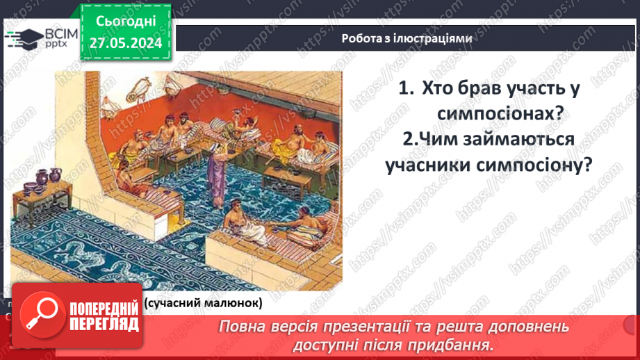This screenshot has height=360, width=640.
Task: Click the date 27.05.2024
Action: pos(126,44)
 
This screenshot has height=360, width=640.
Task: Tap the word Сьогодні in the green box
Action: pos(126,23)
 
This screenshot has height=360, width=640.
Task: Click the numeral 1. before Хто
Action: pos(407,89)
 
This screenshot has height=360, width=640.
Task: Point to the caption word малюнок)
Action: pos(233,303)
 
